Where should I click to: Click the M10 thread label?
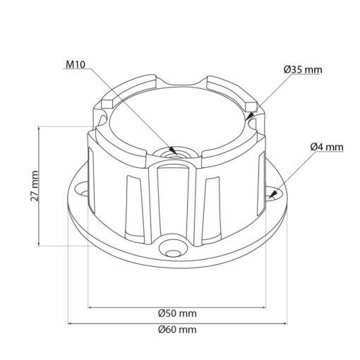coord(76,64)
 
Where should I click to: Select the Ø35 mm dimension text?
coord(303,70)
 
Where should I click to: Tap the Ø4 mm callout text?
coord(327,147)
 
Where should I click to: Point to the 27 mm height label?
coord(35,186)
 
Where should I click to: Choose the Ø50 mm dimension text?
coord(177,313)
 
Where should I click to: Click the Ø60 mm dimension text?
coord(177,330)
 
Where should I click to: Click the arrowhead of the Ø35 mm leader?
coord(249,117)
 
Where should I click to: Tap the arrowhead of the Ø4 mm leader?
coord(270,198)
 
